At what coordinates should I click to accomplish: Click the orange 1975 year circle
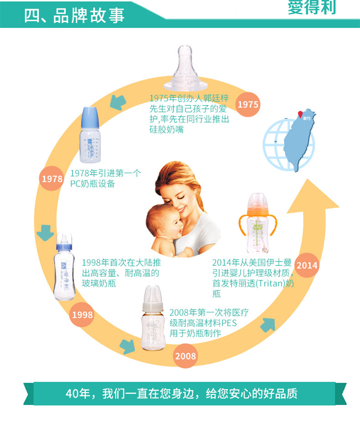coord(248,104)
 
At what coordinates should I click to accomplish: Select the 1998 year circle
coord(82,315)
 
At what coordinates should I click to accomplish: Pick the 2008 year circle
coord(185,356)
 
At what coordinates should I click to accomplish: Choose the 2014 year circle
coord(307,265)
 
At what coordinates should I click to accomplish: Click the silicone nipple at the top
coord(190,68)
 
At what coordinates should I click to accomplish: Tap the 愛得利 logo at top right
coord(312,8)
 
